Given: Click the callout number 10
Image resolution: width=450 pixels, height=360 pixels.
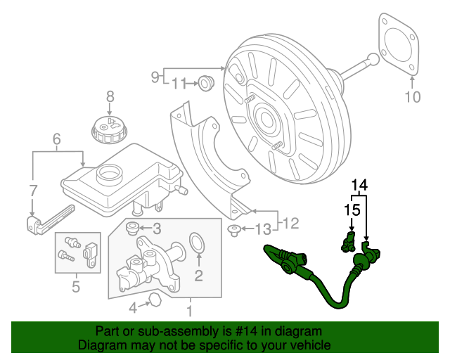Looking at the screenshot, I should pyautogui.click(x=413, y=97).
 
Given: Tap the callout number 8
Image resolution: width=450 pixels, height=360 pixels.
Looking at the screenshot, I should pyautogui.click(x=110, y=96).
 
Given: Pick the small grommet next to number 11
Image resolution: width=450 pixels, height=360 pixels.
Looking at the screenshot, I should pyautogui.click(x=205, y=82).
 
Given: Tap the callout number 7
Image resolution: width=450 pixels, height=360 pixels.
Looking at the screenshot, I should pyautogui.click(x=32, y=189).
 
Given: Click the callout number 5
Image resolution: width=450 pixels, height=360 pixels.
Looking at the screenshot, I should pyautogui.click(x=75, y=286).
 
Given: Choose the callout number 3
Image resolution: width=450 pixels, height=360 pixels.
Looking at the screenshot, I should pyautogui.click(x=157, y=228).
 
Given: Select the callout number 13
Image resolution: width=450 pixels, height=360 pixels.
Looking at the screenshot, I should pyautogui.click(x=262, y=229).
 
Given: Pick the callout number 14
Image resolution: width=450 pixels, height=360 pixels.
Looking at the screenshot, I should pyautogui.click(x=359, y=185).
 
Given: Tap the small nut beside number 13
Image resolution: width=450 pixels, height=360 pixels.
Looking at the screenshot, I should pyautogui.click(x=236, y=230).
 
